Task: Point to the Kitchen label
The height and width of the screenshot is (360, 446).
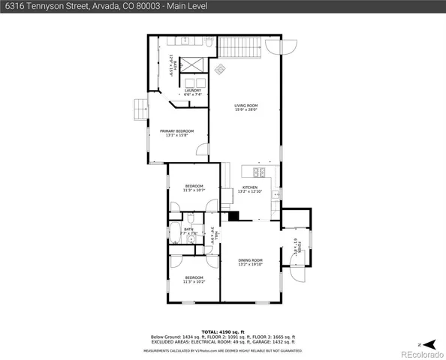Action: (249, 189)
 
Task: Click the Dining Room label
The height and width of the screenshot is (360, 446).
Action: (250, 262)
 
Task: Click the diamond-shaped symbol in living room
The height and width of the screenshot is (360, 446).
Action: (221, 70)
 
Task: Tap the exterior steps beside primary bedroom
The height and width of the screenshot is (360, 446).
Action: (140, 109)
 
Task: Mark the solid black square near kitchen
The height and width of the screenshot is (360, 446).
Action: (234, 216)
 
